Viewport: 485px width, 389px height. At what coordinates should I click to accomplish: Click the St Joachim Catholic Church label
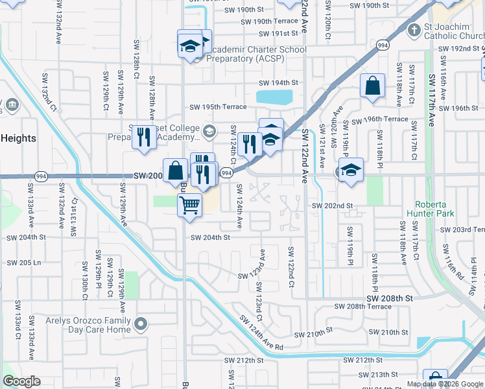pyautogui.click(x=454, y=31)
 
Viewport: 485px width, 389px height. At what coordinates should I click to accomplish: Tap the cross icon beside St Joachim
pyautogui.click(x=414, y=30)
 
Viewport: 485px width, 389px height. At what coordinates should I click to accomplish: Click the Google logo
pyautogui.click(x=21, y=381)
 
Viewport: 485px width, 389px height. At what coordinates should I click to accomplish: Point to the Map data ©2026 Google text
pyautogui.click(x=445, y=384)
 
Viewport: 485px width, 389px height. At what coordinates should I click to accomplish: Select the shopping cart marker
pyautogui.click(x=189, y=206)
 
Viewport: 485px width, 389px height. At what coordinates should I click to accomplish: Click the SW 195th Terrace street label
pyautogui.click(x=218, y=107)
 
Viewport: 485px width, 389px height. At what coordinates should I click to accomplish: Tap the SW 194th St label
pyautogui.click(x=278, y=83)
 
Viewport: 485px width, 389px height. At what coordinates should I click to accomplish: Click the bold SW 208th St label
pyautogui.click(x=389, y=298)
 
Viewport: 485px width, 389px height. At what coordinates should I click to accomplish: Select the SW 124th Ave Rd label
pyautogui.click(x=261, y=333)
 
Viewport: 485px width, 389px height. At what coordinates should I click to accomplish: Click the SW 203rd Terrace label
pyautogui.click(x=462, y=230)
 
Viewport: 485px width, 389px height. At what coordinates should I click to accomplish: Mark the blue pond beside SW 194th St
pyautogui.click(x=274, y=97)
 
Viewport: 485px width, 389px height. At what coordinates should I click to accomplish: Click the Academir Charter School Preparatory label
pyautogui.click(x=256, y=54)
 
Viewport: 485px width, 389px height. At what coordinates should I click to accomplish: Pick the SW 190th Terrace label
pyautogui.click(x=269, y=21)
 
